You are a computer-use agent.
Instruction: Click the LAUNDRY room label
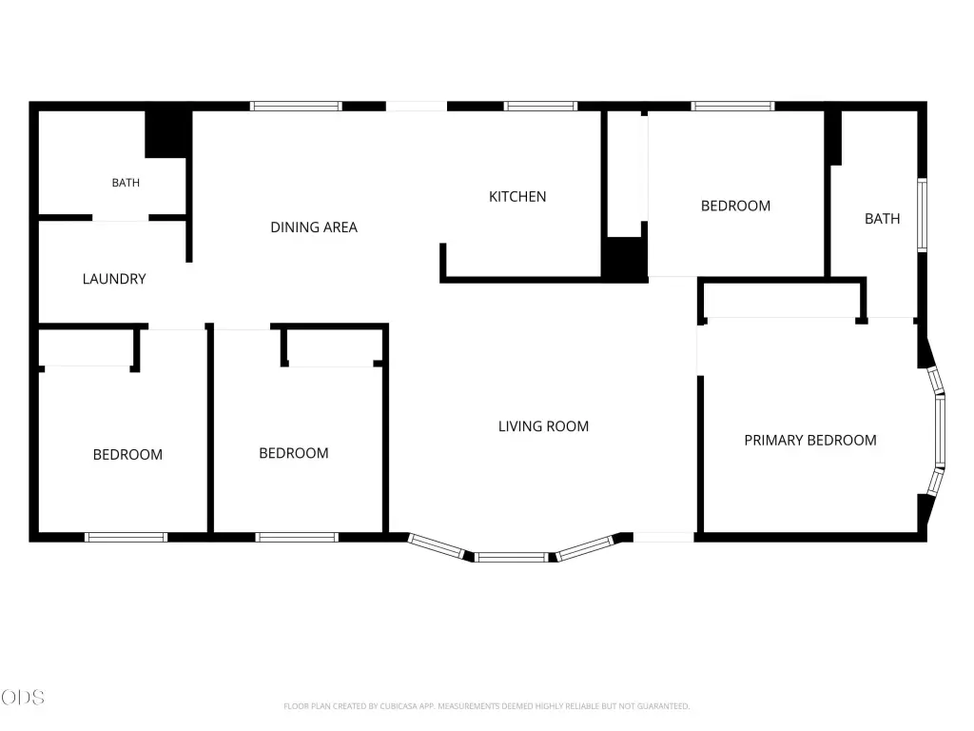click(x=114, y=279)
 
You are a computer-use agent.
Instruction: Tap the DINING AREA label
click(x=314, y=227)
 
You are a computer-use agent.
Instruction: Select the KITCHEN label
click(x=517, y=197)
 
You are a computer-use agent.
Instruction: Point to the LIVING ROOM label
click(x=543, y=426)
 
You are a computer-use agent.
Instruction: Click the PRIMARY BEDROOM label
click(x=810, y=440)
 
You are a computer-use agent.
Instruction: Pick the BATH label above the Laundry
click(x=126, y=183)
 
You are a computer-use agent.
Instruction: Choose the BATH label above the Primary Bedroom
click(x=882, y=219)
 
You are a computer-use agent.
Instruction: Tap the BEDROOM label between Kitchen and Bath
click(x=735, y=206)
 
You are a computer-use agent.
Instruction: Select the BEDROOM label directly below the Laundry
click(x=128, y=454)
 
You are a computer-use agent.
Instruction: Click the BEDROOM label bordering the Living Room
click(x=294, y=453)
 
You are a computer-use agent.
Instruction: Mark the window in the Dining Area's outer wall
click(x=296, y=107)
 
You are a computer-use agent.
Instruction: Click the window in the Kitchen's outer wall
click(x=540, y=107)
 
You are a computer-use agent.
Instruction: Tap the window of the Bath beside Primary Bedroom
click(x=923, y=215)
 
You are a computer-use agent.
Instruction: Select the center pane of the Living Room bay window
click(x=512, y=558)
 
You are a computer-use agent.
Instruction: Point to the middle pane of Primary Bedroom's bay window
click(x=941, y=431)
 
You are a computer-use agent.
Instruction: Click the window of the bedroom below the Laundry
click(x=127, y=537)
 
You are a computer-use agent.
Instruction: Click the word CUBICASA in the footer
click(x=399, y=706)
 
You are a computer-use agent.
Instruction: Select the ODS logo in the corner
click(x=23, y=698)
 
